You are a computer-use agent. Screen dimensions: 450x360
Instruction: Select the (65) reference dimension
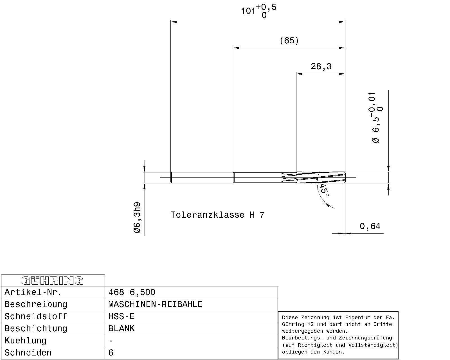point(289,40)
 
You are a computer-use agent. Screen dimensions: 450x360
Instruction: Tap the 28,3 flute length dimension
point(321,67)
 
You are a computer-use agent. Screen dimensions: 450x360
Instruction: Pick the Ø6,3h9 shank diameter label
point(137,218)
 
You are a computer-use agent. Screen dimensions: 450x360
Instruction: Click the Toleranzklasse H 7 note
point(217,215)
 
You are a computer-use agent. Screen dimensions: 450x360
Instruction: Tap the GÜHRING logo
point(53,281)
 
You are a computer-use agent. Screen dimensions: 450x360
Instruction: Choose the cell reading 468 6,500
point(132,292)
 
